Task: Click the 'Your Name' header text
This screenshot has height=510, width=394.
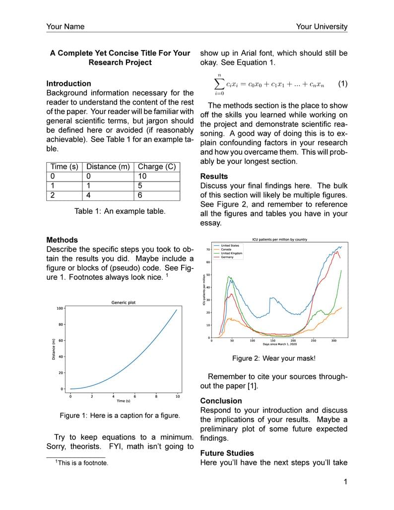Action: (x=65, y=27)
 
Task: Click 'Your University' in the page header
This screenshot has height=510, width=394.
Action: (x=322, y=27)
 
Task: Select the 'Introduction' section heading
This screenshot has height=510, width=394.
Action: (x=68, y=83)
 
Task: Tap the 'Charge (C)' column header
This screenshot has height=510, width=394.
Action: (x=156, y=167)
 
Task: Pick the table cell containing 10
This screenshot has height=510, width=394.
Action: (x=142, y=176)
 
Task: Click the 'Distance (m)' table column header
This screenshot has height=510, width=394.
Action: (x=108, y=167)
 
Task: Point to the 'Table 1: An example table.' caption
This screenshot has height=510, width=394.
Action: (x=120, y=211)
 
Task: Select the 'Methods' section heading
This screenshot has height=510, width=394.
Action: (x=62, y=240)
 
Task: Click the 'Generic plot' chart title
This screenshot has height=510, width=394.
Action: (x=123, y=302)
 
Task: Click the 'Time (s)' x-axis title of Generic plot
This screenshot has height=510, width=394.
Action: (x=123, y=401)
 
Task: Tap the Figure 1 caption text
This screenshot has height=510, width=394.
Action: (x=120, y=415)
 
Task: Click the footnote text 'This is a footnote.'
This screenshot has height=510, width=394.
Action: (x=82, y=463)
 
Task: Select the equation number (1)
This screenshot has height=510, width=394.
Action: (x=342, y=84)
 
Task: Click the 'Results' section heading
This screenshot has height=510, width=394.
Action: (x=214, y=176)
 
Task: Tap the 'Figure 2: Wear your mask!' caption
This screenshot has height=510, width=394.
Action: (x=273, y=358)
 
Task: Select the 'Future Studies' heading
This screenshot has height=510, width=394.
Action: (x=227, y=453)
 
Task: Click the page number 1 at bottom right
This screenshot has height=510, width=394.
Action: (x=345, y=482)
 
